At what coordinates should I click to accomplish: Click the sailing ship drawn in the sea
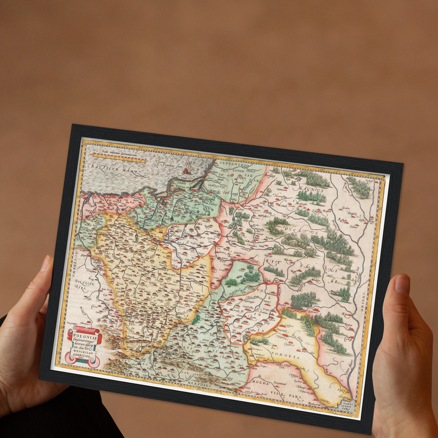tap(188, 167)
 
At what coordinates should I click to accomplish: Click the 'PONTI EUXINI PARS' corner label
tap(346, 406)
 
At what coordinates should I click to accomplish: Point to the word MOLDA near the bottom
tap(261, 383)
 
